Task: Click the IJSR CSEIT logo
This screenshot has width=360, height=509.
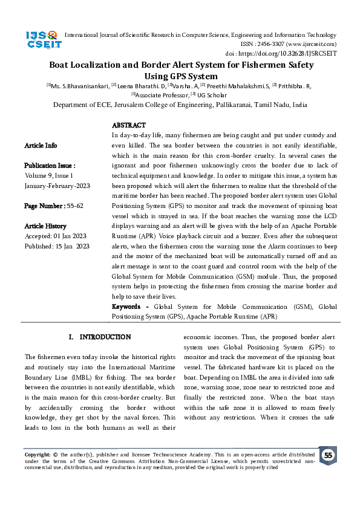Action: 41,40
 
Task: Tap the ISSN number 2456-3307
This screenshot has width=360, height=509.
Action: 278,44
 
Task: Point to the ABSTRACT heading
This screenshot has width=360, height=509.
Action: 129,125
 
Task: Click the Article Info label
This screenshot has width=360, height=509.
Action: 41,146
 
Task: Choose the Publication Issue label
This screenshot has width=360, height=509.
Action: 50,165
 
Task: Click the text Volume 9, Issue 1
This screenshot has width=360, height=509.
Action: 48,175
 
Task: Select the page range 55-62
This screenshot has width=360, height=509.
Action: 73,206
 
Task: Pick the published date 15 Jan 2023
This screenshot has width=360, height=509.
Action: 69,246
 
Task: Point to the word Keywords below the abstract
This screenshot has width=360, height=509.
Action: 129,307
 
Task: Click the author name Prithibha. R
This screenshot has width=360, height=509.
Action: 293,86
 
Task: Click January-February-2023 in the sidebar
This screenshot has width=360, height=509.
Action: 57,186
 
